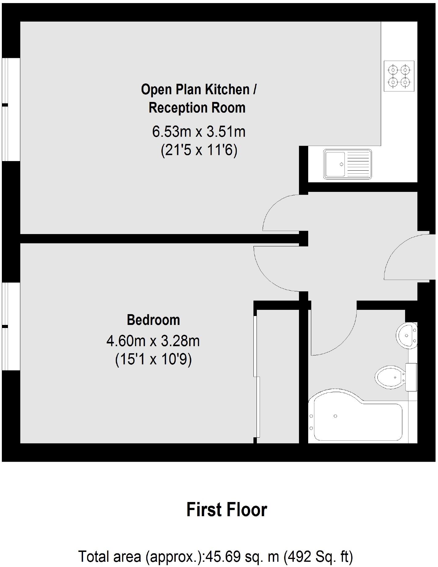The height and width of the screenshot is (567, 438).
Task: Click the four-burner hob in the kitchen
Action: point(399,76)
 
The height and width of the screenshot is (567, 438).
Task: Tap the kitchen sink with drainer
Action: point(347,164)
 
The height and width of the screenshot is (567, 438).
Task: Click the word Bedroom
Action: point(153,320)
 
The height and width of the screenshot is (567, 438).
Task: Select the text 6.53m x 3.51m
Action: point(199,132)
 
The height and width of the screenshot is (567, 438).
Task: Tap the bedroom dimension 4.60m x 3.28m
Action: point(153,341)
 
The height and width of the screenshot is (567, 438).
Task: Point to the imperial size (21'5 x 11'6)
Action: point(199,151)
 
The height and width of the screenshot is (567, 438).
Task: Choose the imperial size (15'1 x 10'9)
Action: point(153,359)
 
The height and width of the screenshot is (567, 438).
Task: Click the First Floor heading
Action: point(227,510)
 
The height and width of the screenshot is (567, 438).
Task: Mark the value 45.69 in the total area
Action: point(219,557)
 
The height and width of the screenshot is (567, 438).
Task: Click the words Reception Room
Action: point(197,108)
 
